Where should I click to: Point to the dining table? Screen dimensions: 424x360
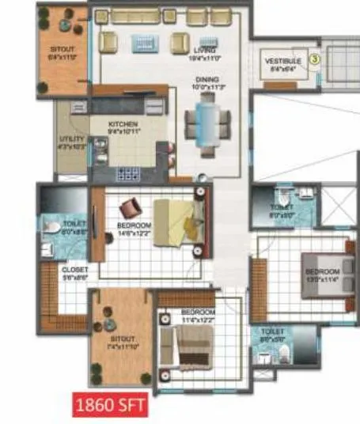[x=207, y=123]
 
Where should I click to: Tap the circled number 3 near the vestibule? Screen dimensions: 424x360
[x=314, y=58]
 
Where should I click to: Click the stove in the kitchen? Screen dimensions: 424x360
[x=127, y=172]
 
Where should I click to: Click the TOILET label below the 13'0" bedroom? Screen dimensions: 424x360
[x=271, y=335]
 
